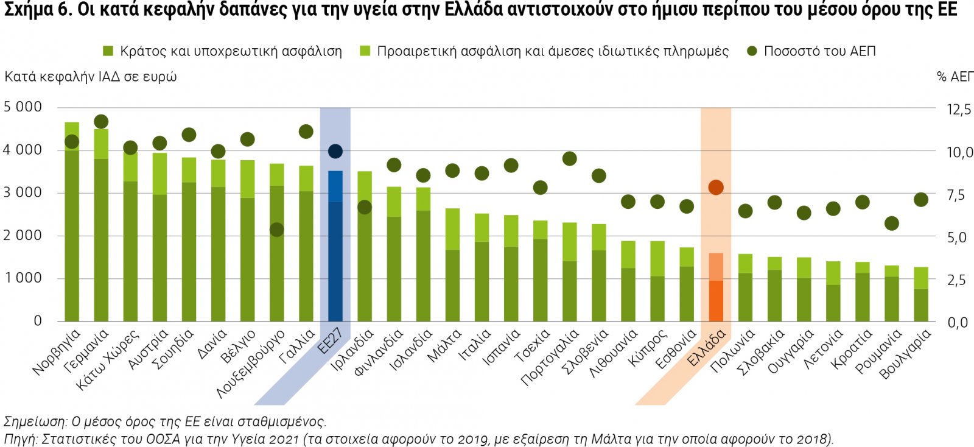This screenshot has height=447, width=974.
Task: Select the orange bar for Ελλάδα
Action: (716, 292)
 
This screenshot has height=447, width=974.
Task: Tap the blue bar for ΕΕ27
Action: (335, 256)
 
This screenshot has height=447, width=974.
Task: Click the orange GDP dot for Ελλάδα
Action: (716, 188)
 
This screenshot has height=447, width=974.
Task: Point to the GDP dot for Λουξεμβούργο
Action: (276, 230)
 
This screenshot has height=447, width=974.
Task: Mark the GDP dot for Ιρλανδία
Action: (364, 208)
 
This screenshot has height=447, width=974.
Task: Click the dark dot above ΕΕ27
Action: (335, 151)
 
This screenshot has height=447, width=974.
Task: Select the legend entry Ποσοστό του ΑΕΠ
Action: (819, 51)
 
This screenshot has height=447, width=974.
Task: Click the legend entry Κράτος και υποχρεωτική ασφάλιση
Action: (230, 51)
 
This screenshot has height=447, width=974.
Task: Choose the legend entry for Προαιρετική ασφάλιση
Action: (552, 51)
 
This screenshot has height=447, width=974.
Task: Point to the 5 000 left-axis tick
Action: (23, 107)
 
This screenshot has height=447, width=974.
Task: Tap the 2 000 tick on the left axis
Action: (23, 236)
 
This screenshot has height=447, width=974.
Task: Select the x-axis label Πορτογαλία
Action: (550, 357)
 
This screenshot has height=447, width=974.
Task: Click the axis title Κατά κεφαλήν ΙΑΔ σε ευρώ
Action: (91, 77)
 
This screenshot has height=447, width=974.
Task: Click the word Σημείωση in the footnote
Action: (34, 421)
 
